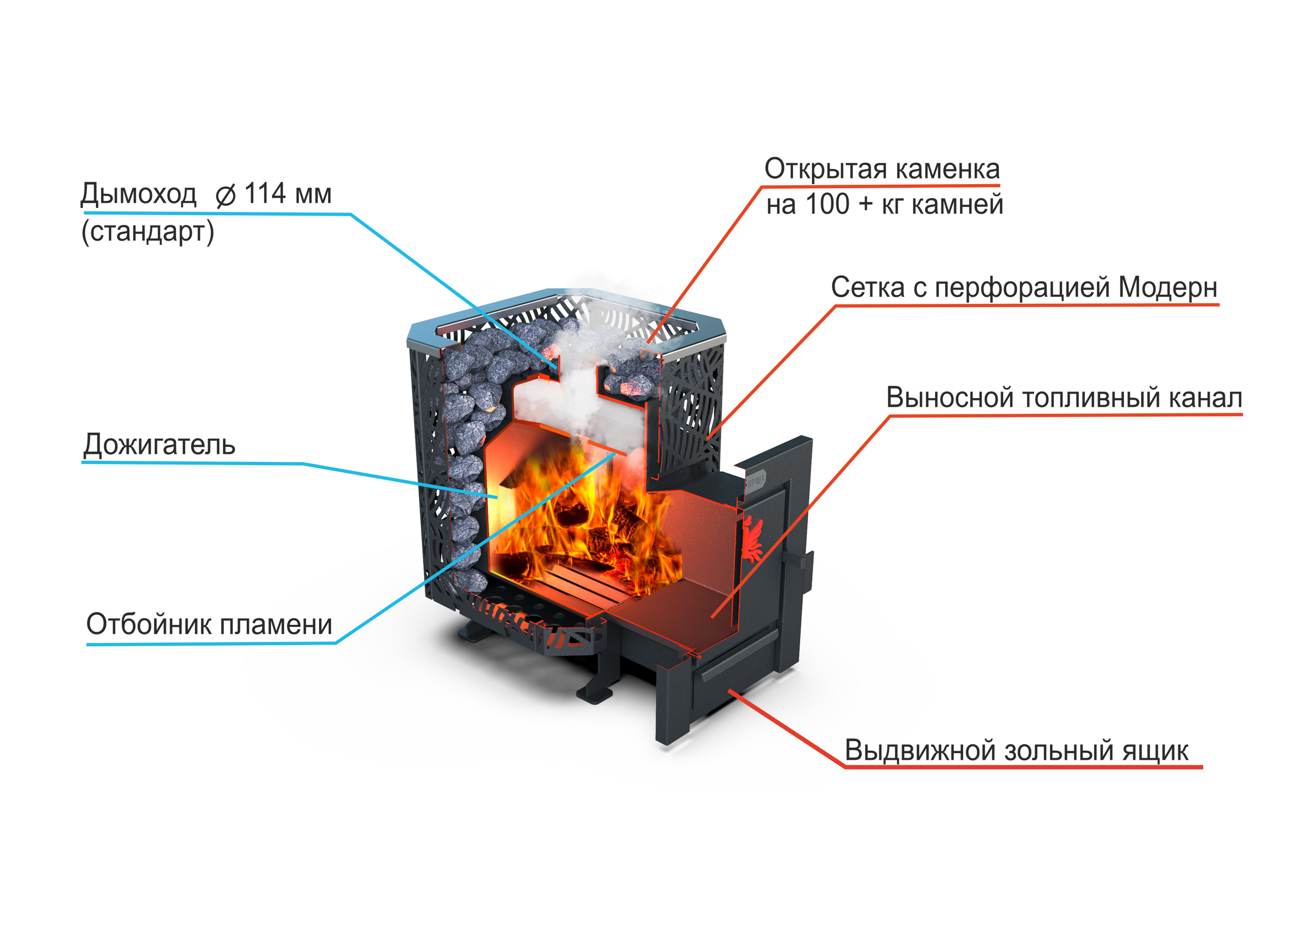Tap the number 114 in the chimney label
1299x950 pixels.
coord(265,194)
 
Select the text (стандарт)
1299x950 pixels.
coord(147,232)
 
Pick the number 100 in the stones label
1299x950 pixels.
coord(827,205)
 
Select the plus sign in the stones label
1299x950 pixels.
coord(865,205)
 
